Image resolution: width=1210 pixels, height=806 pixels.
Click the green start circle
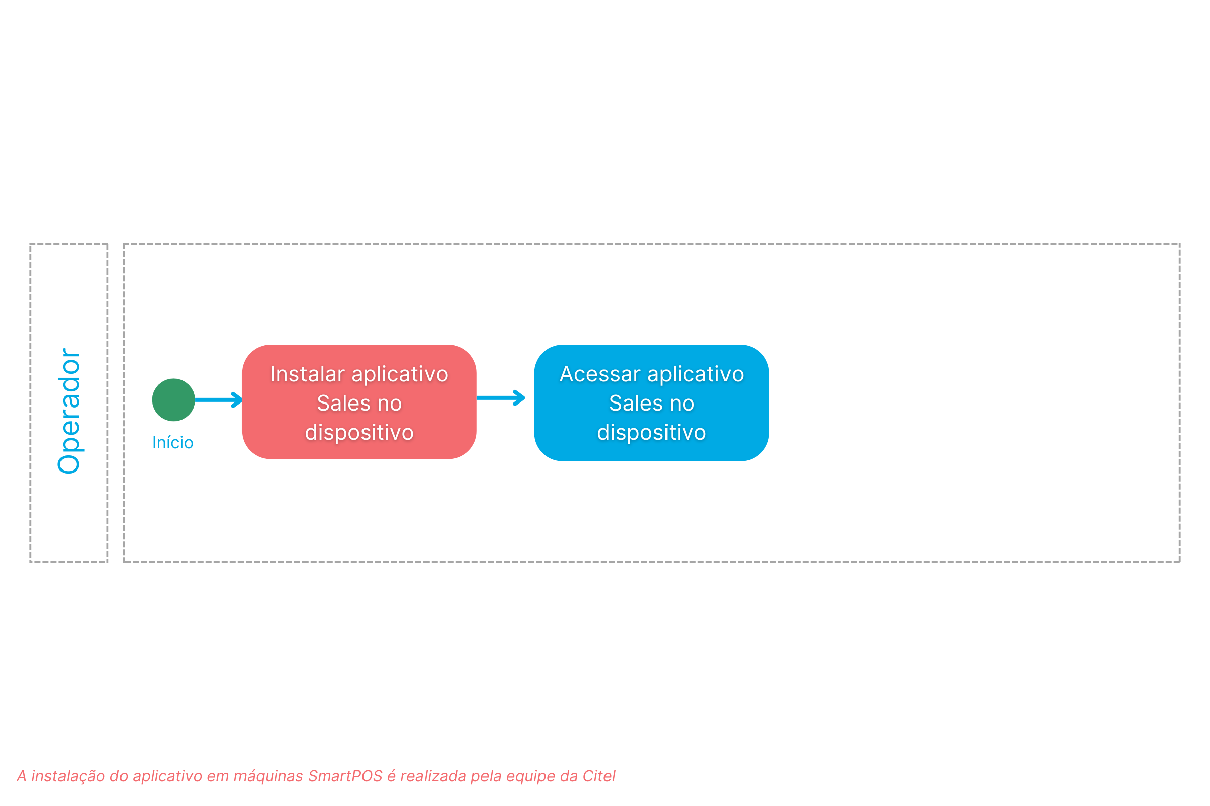coord(173,400)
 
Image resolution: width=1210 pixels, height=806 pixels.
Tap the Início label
coord(173,443)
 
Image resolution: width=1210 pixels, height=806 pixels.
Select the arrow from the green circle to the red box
coord(219,400)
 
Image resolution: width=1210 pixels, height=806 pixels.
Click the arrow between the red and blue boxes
coord(501,398)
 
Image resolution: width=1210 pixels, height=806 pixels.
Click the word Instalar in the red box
coord(308,374)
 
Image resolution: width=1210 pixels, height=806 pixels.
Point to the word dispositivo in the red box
coord(359,433)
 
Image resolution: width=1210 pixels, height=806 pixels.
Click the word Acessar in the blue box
coord(600,374)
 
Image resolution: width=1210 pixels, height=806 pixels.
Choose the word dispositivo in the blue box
coord(651,433)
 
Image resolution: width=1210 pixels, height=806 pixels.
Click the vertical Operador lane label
coord(70,411)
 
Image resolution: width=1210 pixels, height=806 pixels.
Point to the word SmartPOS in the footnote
coord(345,776)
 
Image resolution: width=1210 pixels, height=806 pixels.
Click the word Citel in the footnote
coord(599,776)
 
